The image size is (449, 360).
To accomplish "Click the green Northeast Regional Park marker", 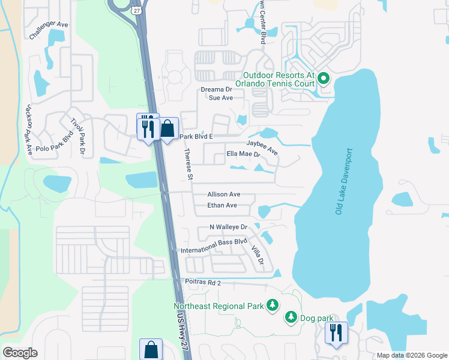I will pyautogui.click(x=273, y=306).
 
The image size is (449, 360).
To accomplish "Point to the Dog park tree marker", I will pyautogui.click(x=291, y=316).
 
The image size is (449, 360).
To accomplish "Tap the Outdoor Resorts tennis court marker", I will pyautogui.click(x=323, y=79).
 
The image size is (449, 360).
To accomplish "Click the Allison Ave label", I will pyautogui.click(x=224, y=194).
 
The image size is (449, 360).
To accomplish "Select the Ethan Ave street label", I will pyautogui.click(x=222, y=205).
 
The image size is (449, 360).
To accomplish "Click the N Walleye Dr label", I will pyautogui.click(x=228, y=227).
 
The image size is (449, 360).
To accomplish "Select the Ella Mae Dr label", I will pyautogui.click(x=243, y=154).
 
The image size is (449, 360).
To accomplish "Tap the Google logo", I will pyautogui.click(x=20, y=353).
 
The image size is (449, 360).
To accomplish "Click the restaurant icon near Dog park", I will pyautogui.click(x=336, y=332).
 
